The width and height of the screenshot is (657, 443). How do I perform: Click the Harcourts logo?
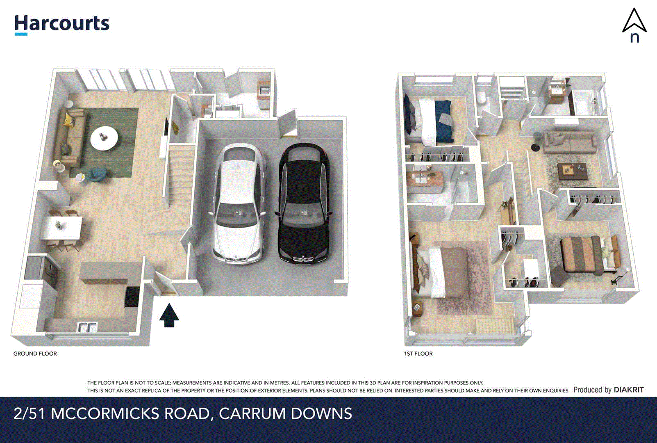pyautogui.click(x=62, y=24)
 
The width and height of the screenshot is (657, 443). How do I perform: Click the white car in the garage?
pyautogui.click(x=238, y=203)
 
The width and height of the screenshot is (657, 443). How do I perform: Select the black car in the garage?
pyautogui.click(x=304, y=203)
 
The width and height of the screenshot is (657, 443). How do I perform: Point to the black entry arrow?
pyautogui.click(x=169, y=315)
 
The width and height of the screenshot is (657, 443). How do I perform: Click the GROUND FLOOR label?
pyautogui.click(x=35, y=354)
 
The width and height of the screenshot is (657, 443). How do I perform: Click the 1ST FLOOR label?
pyautogui.click(x=418, y=354)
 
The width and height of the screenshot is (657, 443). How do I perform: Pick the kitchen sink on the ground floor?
pyautogui.click(x=87, y=328)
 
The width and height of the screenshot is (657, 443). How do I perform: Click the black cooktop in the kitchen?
pyautogui.click(x=132, y=296)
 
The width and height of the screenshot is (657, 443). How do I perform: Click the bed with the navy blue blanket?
pyautogui.click(x=430, y=121)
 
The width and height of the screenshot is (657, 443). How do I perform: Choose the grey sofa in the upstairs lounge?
pyautogui.click(x=570, y=142)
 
